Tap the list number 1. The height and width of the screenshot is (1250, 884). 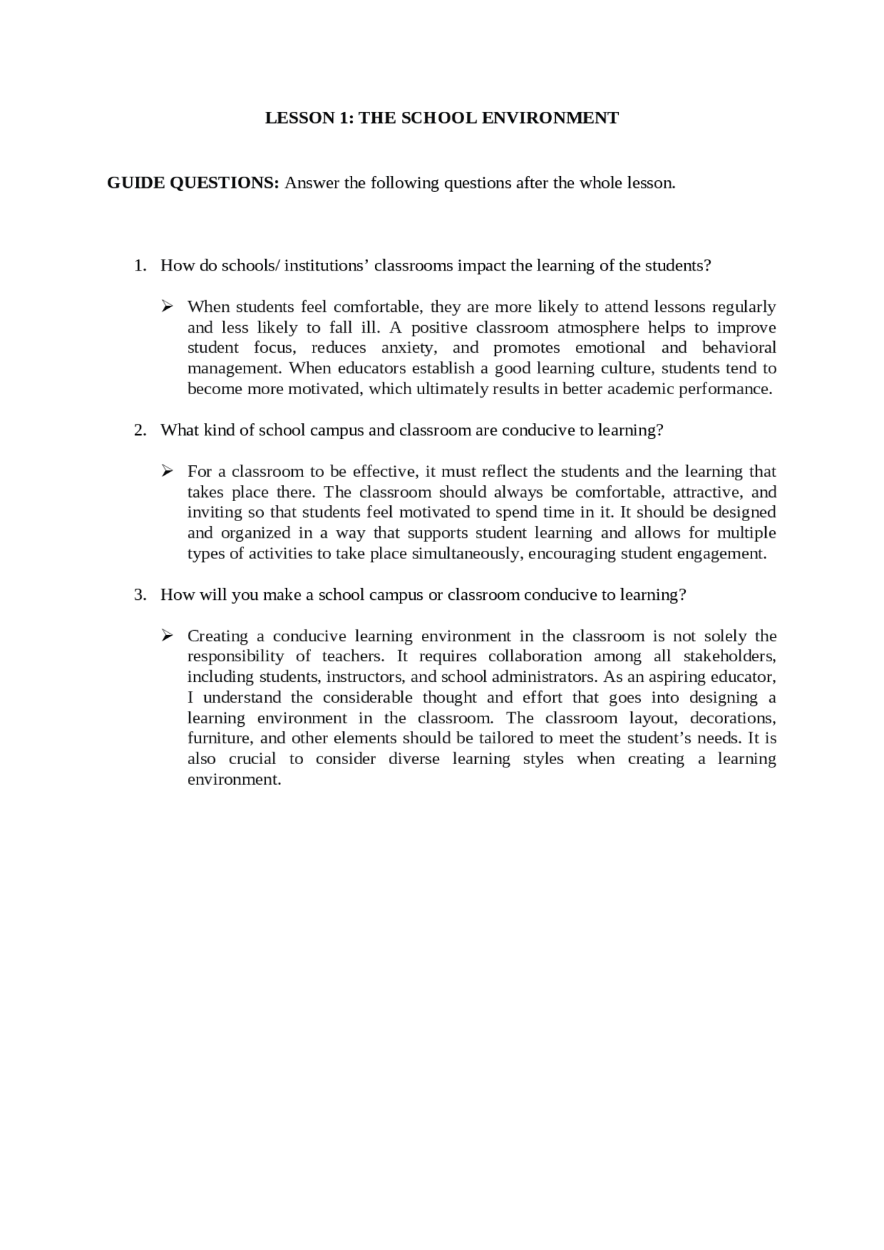point(140,266)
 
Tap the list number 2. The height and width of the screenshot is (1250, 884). point(140,430)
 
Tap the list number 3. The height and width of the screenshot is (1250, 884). point(140,594)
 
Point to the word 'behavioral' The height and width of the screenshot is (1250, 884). point(739,347)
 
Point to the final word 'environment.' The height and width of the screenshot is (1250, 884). point(234,779)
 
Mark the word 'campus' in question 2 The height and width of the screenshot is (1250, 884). point(336,430)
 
